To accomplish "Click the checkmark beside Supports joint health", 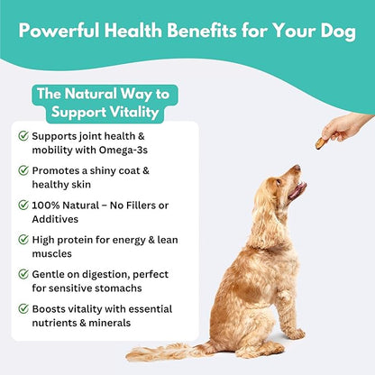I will click(23, 136).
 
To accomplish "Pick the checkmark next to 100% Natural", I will click(23, 205).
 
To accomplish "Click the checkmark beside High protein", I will click(23, 240).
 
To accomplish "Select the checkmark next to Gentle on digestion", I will click(23, 273).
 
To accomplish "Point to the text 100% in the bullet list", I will click(48, 205).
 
